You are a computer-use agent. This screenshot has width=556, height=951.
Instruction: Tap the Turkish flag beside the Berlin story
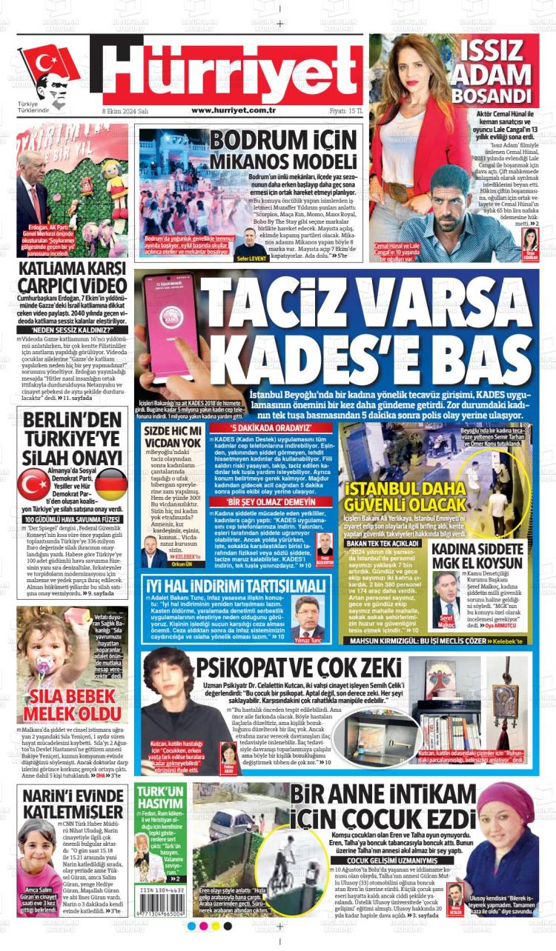(33, 484)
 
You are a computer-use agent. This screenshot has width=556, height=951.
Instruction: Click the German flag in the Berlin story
(111, 483)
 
